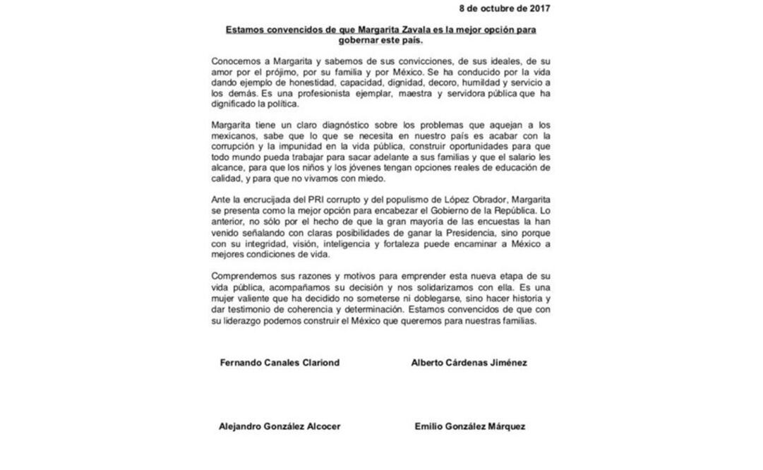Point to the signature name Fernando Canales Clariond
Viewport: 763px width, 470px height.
(280, 363)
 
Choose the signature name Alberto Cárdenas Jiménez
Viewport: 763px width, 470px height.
(469, 363)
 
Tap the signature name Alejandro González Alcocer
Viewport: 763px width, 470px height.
(280, 426)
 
